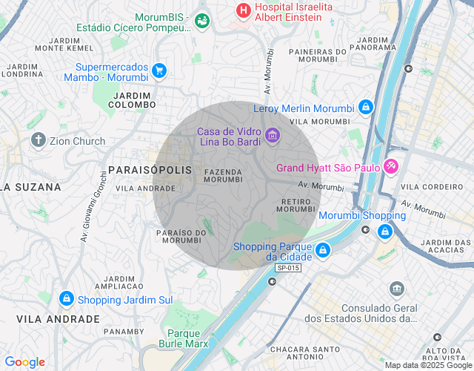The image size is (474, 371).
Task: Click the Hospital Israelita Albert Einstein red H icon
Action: (x=242, y=10)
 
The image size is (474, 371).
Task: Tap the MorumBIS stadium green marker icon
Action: (x=202, y=22)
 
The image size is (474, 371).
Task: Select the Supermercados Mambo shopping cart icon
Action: (x=158, y=70)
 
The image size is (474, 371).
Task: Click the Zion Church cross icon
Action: (x=39, y=140)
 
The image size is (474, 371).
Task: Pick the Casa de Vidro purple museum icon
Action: (x=272, y=134)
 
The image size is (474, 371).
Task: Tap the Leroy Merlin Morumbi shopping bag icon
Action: (x=365, y=108)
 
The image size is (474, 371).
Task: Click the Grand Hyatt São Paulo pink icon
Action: (x=391, y=167)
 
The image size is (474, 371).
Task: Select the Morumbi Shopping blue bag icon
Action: (x=384, y=232)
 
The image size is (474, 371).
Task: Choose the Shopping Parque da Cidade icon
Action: (x=322, y=251)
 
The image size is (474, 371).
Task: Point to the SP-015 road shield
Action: (x=288, y=268)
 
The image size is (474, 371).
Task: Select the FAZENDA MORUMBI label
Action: (x=222, y=176)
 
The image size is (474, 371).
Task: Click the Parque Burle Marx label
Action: (x=184, y=338)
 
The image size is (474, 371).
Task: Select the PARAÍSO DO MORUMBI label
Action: (x=181, y=236)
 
